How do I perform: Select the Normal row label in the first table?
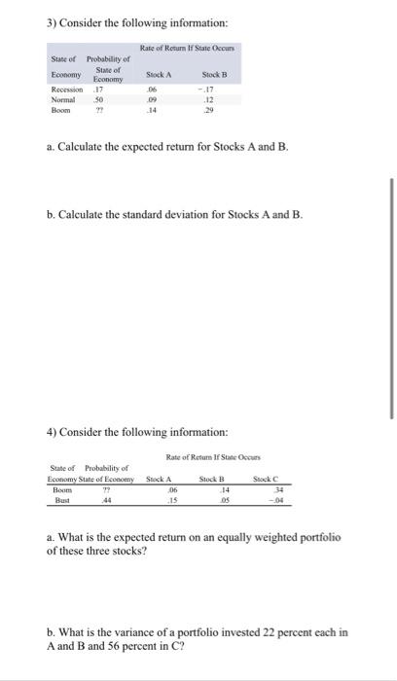(62, 97)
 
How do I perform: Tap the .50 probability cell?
(98, 97)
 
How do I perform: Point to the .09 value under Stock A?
(150, 97)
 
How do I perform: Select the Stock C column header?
(265, 479)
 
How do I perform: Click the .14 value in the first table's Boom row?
(150, 109)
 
